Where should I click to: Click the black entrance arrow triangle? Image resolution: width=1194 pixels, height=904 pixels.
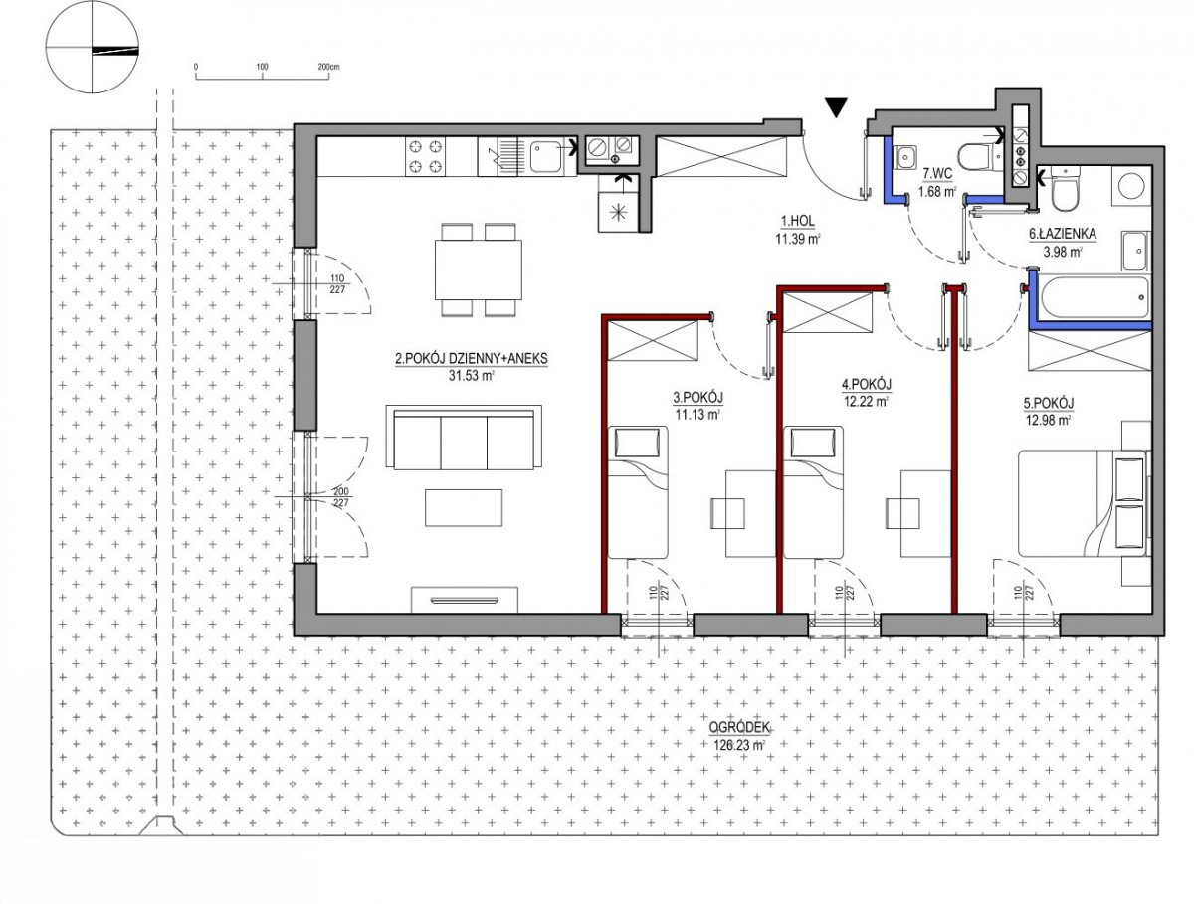836,106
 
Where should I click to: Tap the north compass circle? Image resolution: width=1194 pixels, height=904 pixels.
92,47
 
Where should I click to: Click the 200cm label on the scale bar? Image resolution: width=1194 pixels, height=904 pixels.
328,67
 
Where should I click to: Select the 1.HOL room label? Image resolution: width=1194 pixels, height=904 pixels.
798,221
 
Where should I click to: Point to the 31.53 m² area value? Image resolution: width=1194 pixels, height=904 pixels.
471,375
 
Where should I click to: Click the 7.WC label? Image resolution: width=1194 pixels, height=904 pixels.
937,174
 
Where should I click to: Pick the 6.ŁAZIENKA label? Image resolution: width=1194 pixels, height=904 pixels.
1063,234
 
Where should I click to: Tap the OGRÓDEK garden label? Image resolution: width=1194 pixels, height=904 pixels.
739,728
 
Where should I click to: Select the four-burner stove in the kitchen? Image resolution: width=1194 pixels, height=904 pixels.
425,156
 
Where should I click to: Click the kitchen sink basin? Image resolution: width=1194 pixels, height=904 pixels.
546,156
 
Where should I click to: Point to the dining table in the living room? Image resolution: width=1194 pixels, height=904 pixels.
479,270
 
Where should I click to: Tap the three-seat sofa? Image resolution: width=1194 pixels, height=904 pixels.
464,438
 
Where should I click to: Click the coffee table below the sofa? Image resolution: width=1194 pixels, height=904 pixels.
464,508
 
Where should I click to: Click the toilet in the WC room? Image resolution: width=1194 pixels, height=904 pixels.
978,157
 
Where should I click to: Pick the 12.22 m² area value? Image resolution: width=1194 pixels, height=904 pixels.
866,401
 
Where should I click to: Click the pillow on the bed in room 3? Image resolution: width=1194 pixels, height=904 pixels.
637,442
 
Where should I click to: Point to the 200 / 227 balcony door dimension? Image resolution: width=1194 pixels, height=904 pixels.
340,497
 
